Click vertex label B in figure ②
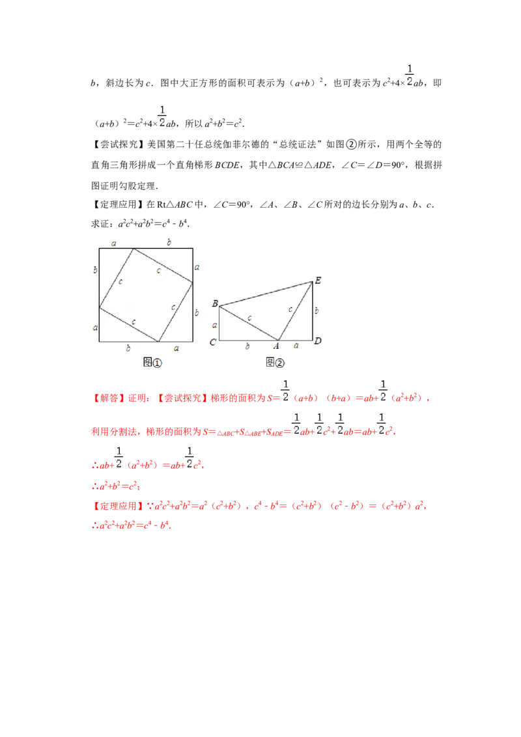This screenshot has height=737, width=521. pyautogui.click(x=214, y=303)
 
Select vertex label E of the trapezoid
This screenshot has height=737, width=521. pyautogui.click(x=318, y=280)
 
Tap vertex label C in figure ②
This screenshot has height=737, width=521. pyautogui.click(x=212, y=342)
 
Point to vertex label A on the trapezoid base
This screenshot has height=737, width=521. pyautogui.click(x=276, y=346)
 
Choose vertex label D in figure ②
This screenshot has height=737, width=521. pyautogui.click(x=317, y=341)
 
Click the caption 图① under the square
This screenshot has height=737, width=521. pyautogui.click(x=152, y=362)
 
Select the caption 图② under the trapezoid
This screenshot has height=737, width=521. pyautogui.click(x=275, y=362)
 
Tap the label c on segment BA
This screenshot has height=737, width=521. pyautogui.click(x=249, y=318)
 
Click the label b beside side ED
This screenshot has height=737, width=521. pyautogui.click(x=317, y=311)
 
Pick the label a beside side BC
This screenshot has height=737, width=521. pyautogui.click(x=214, y=324)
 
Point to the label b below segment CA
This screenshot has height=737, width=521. pyautogui.click(x=247, y=346)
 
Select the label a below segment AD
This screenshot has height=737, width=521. pyautogui.click(x=296, y=346)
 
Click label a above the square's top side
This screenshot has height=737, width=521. pyautogui.click(x=114, y=243)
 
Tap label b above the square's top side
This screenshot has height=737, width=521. pyautogui.click(x=169, y=242)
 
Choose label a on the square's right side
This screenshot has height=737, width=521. pyautogui.click(x=197, y=266)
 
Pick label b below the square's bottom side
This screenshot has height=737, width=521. pyautogui.click(x=128, y=348)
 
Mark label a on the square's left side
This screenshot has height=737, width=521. pyautogui.click(x=95, y=327)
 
